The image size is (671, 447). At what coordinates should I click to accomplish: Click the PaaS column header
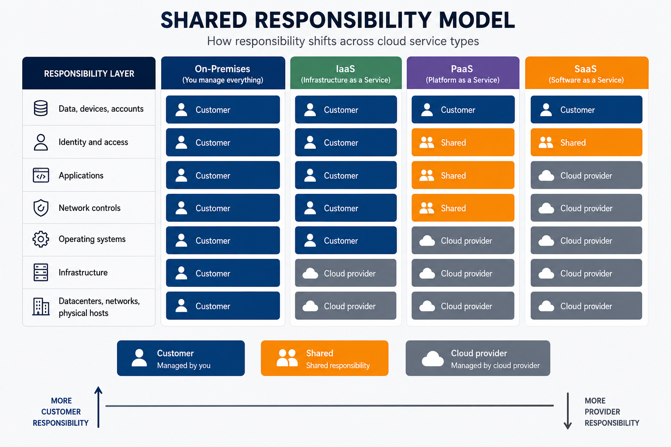(463, 73)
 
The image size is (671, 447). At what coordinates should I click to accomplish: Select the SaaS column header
(587, 73)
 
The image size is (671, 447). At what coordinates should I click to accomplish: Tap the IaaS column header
(346, 73)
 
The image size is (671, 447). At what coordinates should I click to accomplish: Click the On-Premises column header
(223, 73)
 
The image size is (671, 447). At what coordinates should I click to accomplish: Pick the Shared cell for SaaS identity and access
(586, 142)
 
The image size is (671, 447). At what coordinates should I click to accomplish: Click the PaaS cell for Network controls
(463, 208)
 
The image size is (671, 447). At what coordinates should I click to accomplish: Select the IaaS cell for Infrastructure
(346, 273)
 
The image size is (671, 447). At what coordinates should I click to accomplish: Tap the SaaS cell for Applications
(586, 175)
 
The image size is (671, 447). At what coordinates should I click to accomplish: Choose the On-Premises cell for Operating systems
(223, 241)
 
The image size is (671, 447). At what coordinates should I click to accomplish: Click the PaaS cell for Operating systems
(463, 241)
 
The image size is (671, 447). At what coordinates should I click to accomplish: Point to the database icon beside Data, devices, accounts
(41, 108)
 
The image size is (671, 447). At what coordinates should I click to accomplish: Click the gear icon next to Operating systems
(41, 239)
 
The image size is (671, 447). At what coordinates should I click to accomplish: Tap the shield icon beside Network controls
(41, 208)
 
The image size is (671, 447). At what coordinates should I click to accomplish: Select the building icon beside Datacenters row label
(41, 306)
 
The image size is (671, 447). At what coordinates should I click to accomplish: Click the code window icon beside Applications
(41, 175)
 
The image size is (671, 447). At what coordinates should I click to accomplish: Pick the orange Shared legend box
(325, 358)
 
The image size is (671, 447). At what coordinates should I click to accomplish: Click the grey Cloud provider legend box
(478, 358)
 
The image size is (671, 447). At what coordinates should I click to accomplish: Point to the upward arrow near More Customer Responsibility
(98, 407)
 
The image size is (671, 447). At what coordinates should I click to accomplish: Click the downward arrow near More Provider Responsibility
(567, 411)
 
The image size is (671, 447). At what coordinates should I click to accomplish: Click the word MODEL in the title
(477, 20)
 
